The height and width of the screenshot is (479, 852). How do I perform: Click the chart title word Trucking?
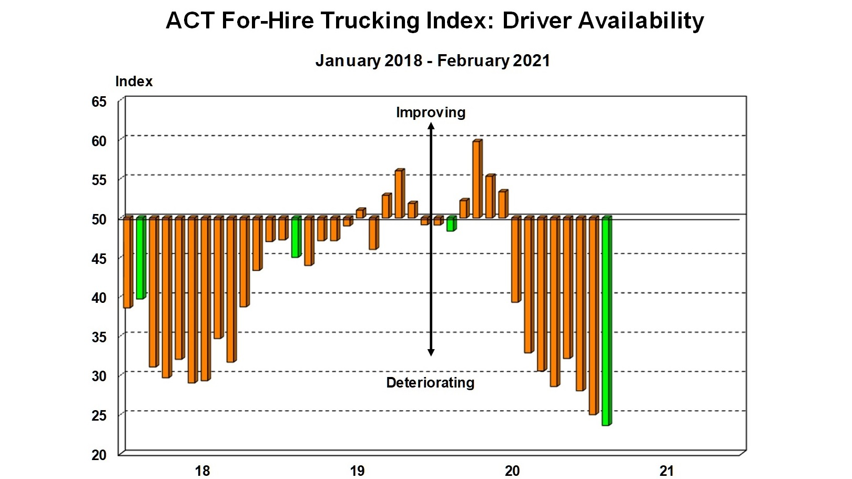coord(370,21)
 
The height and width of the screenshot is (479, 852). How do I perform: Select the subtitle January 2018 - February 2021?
coord(432,60)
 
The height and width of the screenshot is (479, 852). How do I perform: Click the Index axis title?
coord(134,81)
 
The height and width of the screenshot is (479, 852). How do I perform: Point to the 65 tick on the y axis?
coord(99,101)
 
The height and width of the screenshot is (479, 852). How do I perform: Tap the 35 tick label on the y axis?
coord(99,337)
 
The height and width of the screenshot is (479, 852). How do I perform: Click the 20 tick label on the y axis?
coord(99,455)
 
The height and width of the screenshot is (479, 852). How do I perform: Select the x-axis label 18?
coord(202,471)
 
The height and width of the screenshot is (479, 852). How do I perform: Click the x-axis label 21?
coord(666,471)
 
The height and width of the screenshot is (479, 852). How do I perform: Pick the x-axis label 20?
coord(512,471)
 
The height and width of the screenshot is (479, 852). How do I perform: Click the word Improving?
coord(430,113)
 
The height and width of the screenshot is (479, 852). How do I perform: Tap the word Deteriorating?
coord(430,383)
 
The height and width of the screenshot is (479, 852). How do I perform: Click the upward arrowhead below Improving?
coord(431,126)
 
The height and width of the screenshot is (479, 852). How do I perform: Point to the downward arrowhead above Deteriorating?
coord(431,352)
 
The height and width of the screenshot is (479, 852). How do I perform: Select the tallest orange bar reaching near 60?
coord(476,179)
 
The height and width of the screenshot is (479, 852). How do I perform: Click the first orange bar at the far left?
coord(127,262)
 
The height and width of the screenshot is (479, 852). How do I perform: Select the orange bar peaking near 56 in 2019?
coord(399,193)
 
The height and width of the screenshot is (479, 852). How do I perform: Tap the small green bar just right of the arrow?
coord(450,224)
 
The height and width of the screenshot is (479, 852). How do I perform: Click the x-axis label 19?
coord(357,471)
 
